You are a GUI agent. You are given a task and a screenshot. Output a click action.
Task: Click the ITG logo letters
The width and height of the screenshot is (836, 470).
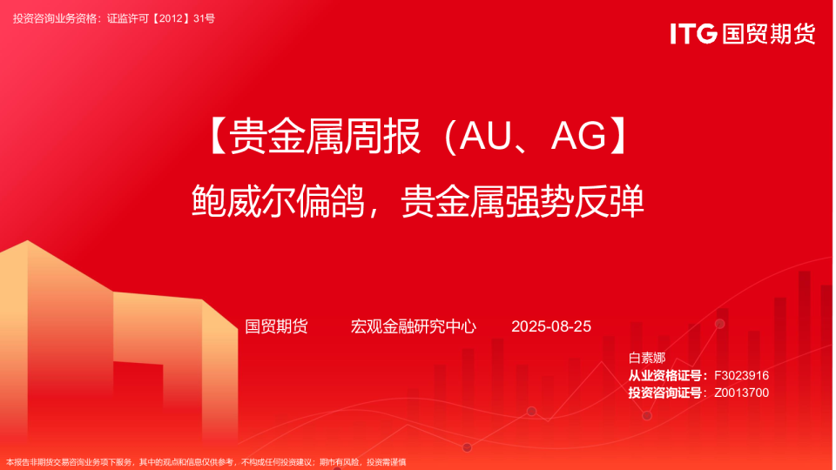tap(693, 33)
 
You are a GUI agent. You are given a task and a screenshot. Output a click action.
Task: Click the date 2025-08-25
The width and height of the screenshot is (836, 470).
tap(551, 326)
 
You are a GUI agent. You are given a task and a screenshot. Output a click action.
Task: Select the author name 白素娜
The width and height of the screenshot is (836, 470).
tap(646, 358)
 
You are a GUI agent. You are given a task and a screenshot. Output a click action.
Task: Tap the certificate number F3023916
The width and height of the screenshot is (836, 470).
tap(741, 375)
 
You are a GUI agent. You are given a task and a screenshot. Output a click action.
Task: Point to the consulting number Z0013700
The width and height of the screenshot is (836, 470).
tap(741, 393)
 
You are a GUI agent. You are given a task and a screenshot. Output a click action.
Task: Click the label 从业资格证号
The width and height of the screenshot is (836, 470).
tap(666, 375)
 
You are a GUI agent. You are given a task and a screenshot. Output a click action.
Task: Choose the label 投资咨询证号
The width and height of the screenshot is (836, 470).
tap(666, 393)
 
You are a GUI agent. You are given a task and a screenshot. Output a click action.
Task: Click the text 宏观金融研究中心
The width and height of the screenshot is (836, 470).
tap(413, 326)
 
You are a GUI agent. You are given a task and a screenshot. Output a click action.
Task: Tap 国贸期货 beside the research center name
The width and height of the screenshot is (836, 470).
tap(276, 326)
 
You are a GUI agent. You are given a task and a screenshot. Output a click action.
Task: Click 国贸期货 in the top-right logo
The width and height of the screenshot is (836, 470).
tap(769, 33)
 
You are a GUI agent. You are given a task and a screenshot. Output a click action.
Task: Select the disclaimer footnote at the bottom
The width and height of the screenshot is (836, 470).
tap(206, 462)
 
